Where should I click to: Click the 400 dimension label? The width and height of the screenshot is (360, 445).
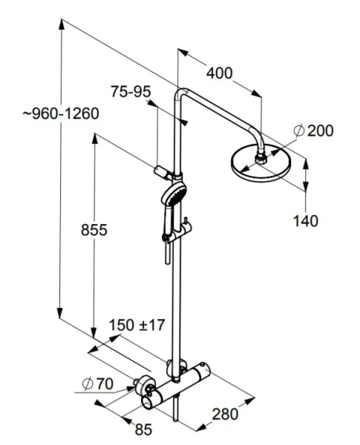(x=219, y=73)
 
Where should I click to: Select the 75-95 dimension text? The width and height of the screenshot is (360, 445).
(x=131, y=92)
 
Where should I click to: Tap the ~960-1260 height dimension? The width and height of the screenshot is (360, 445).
(x=61, y=113)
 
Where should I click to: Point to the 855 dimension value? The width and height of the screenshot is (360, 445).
(x=94, y=230)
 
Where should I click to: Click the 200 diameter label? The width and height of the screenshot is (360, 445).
(x=321, y=131)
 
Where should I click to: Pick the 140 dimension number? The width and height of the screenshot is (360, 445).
(x=306, y=221)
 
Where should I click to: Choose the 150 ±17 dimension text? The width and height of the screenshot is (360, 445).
(x=137, y=325)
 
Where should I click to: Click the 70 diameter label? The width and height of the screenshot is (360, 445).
(x=105, y=384)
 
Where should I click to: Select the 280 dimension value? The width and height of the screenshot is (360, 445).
(x=225, y=414)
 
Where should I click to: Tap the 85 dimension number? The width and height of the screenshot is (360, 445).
(x=143, y=429)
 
